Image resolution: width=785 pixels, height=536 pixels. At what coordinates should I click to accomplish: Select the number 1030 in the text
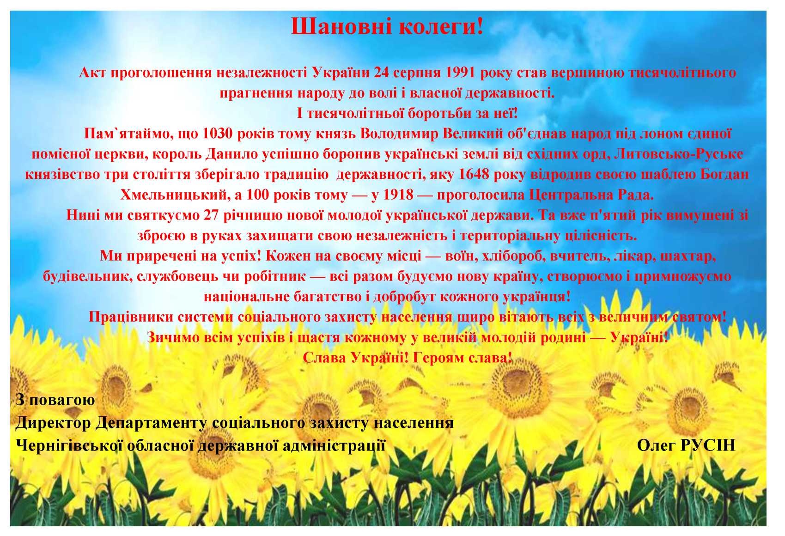(x=218, y=134)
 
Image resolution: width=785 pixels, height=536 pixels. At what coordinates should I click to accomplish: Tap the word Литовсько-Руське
(x=679, y=154)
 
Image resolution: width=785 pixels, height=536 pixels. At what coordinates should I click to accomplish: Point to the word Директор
(x=53, y=423)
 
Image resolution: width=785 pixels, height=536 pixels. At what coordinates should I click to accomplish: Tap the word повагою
(x=62, y=400)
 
